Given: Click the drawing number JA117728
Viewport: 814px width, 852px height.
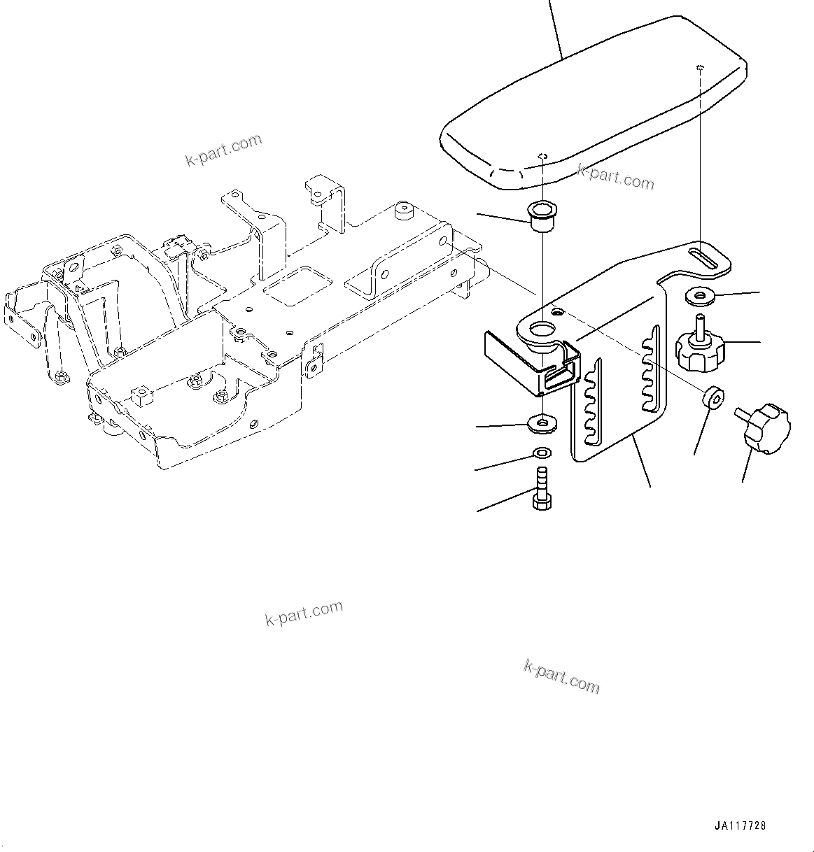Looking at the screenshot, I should point(741,825).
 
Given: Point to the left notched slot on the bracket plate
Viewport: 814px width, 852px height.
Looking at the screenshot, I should point(591,402).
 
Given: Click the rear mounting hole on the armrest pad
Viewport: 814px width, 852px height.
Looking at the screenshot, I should point(700,67).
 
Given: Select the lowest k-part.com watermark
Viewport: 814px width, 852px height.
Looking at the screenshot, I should point(561,676).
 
